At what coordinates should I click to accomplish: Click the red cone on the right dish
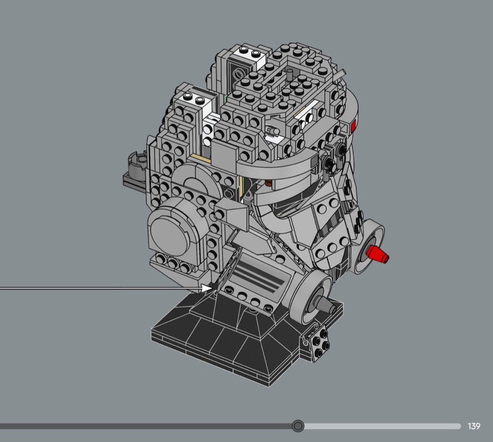pos(378,254)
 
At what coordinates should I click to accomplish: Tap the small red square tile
pos(353,126)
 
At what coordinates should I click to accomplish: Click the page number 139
pos(474,426)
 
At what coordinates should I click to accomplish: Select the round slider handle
pos(298,426)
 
